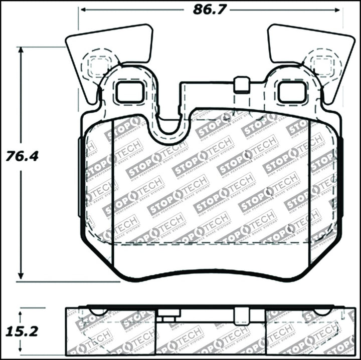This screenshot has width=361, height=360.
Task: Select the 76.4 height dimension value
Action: click(x=22, y=156)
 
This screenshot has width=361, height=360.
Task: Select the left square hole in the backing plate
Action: click(x=129, y=92)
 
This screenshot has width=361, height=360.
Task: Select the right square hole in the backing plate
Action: click(x=291, y=92)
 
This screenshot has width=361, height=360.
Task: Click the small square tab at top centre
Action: click(x=242, y=84)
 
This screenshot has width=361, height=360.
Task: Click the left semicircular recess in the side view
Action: click(x=98, y=311)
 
